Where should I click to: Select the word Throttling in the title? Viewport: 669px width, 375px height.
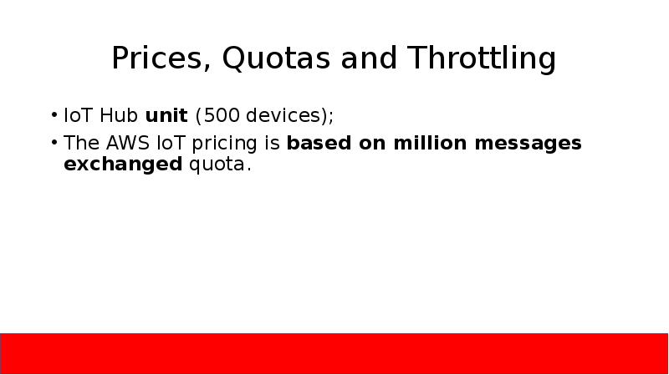click(483, 59)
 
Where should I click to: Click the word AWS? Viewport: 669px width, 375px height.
click(121, 144)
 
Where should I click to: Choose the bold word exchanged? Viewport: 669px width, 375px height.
click(122, 165)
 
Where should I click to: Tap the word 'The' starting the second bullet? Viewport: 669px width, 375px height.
click(79, 144)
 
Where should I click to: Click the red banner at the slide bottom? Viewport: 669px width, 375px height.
click(334, 352)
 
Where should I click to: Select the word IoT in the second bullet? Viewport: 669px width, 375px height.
click(168, 144)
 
